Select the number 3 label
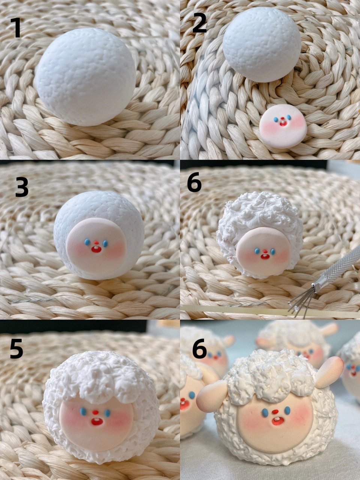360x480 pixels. (x=22, y=187)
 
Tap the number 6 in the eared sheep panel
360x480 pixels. (x=199, y=348)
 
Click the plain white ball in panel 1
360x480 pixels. (x=85, y=76)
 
